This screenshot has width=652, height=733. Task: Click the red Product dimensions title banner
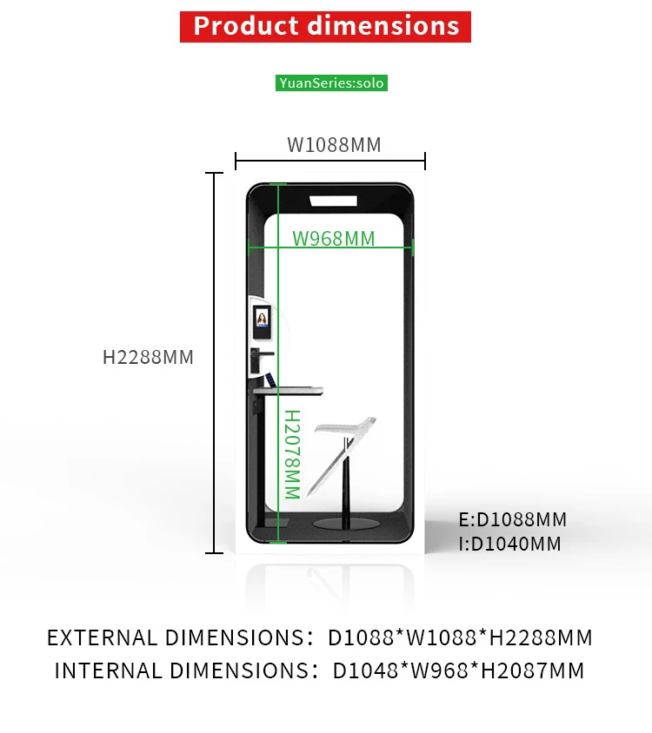[x=325, y=27]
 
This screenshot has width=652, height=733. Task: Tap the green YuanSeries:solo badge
[x=331, y=83]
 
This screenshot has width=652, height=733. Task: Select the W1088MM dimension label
[x=334, y=145]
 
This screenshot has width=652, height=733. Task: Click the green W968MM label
[x=334, y=239]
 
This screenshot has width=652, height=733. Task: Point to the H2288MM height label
[x=148, y=357]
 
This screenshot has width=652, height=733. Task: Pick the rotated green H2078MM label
[x=292, y=454]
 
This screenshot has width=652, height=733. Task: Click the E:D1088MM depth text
[x=513, y=519]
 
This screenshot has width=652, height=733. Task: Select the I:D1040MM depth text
[x=509, y=544]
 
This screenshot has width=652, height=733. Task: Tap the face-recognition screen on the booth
[x=262, y=322]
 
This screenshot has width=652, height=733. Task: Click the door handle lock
[x=259, y=359]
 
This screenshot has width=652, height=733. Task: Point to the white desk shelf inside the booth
[x=289, y=391]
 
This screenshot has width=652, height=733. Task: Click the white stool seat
[x=345, y=427]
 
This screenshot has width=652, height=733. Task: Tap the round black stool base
[x=345, y=524]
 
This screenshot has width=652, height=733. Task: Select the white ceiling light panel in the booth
[x=333, y=201]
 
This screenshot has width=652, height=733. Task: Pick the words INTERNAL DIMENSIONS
[x=182, y=670]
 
